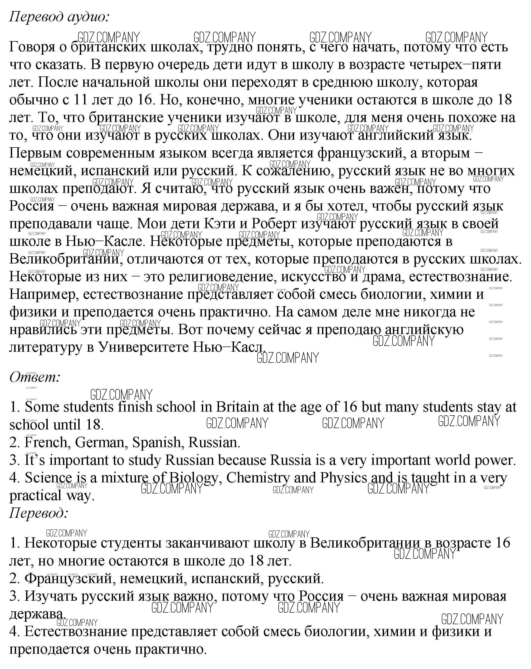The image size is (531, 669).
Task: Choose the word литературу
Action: point(46,347)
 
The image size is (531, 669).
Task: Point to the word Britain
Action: point(237,407)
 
